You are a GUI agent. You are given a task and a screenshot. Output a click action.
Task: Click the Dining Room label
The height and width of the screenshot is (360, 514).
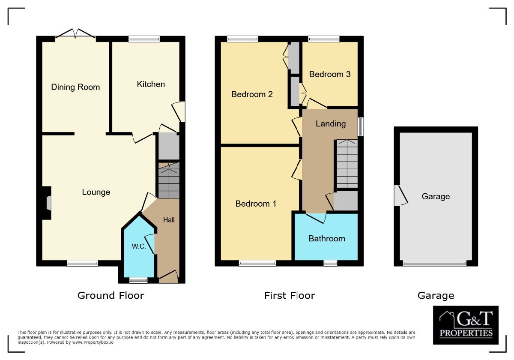click(x=75, y=87)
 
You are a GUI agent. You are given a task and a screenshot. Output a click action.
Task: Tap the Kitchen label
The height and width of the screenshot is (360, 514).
click(x=151, y=84)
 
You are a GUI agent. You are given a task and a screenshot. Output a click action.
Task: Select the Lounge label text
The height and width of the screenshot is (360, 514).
click(x=96, y=192)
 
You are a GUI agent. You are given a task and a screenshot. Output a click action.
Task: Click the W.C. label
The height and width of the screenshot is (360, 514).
click(x=139, y=247)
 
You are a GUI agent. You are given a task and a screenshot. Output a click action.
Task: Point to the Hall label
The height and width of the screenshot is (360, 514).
click(x=169, y=220)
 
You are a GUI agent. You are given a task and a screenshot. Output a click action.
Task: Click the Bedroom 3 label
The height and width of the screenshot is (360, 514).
click(x=330, y=74)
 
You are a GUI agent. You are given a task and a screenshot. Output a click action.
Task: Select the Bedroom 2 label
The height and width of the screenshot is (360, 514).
click(x=252, y=94)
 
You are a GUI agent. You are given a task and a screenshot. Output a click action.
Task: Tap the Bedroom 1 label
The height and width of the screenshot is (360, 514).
click(x=256, y=204)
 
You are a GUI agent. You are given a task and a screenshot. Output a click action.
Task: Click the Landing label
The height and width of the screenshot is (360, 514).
click(x=331, y=123)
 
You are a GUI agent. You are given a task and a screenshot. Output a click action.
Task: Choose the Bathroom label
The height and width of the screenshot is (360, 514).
click(x=327, y=238)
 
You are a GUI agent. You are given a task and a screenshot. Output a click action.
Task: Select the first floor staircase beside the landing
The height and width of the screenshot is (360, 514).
click(x=347, y=164)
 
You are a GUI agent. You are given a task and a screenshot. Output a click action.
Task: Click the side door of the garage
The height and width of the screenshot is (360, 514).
click(x=399, y=195)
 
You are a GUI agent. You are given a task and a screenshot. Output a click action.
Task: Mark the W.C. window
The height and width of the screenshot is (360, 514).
click(x=138, y=280)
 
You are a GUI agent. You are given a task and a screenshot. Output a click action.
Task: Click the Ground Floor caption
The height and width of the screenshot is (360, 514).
click(x=111, y=295)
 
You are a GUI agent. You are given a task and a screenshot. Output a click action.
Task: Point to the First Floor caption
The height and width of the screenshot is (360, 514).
click(x=290, y=295)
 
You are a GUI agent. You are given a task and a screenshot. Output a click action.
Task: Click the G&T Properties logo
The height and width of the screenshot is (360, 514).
click(x=466, y=325)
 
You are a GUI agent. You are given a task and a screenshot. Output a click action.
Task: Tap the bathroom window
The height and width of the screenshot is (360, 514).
click(x=330, y=263)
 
